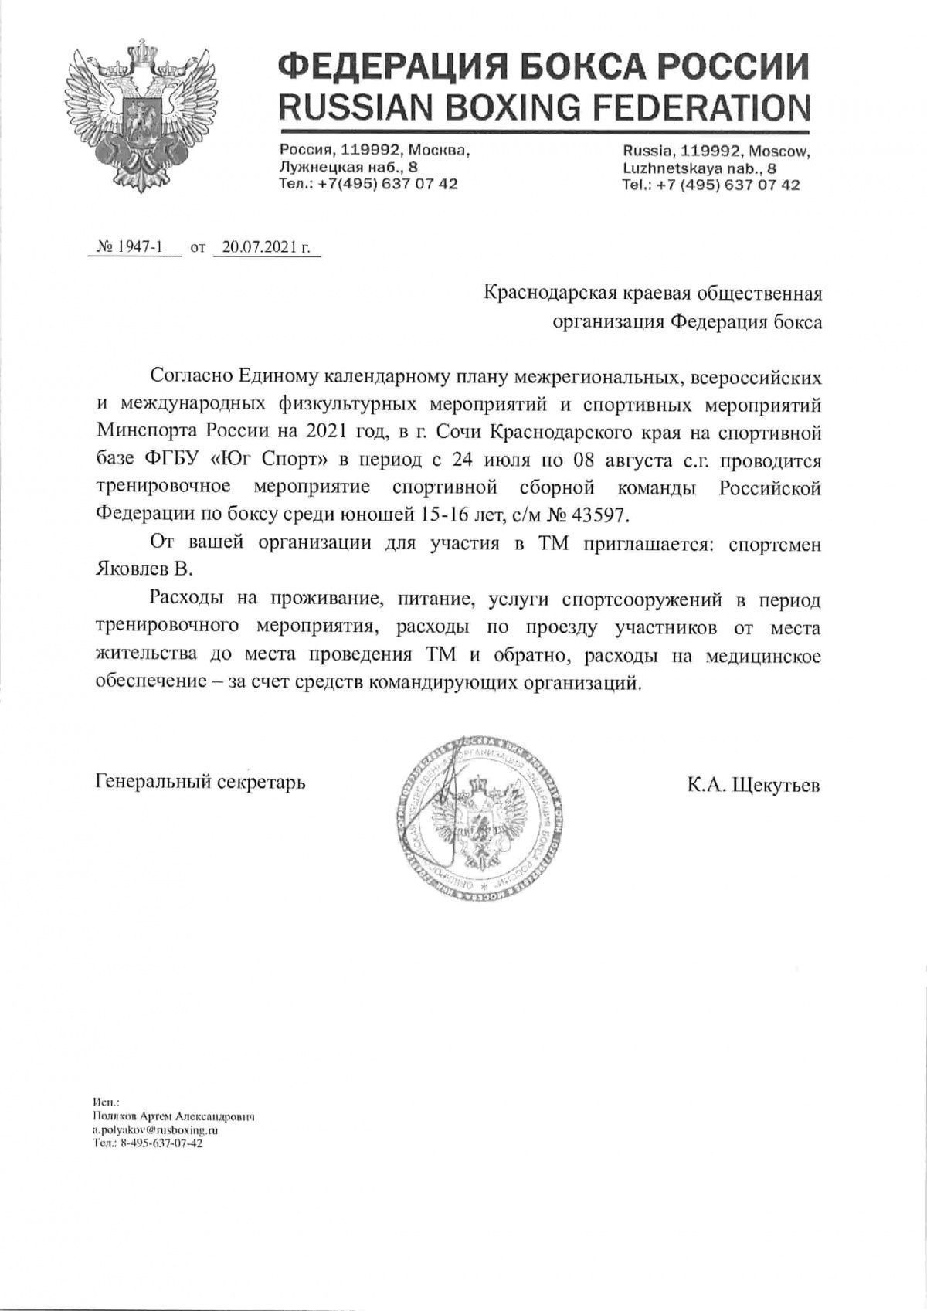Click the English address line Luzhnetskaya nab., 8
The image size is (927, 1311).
point(699,167)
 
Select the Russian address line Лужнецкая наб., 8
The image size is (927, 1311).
point(349,167)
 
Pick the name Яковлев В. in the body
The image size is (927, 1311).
point(142,569)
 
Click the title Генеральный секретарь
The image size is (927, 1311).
point(201,782)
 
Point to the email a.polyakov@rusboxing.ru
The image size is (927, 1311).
point(154,1129)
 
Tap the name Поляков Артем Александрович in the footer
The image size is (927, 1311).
point(172,1117)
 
